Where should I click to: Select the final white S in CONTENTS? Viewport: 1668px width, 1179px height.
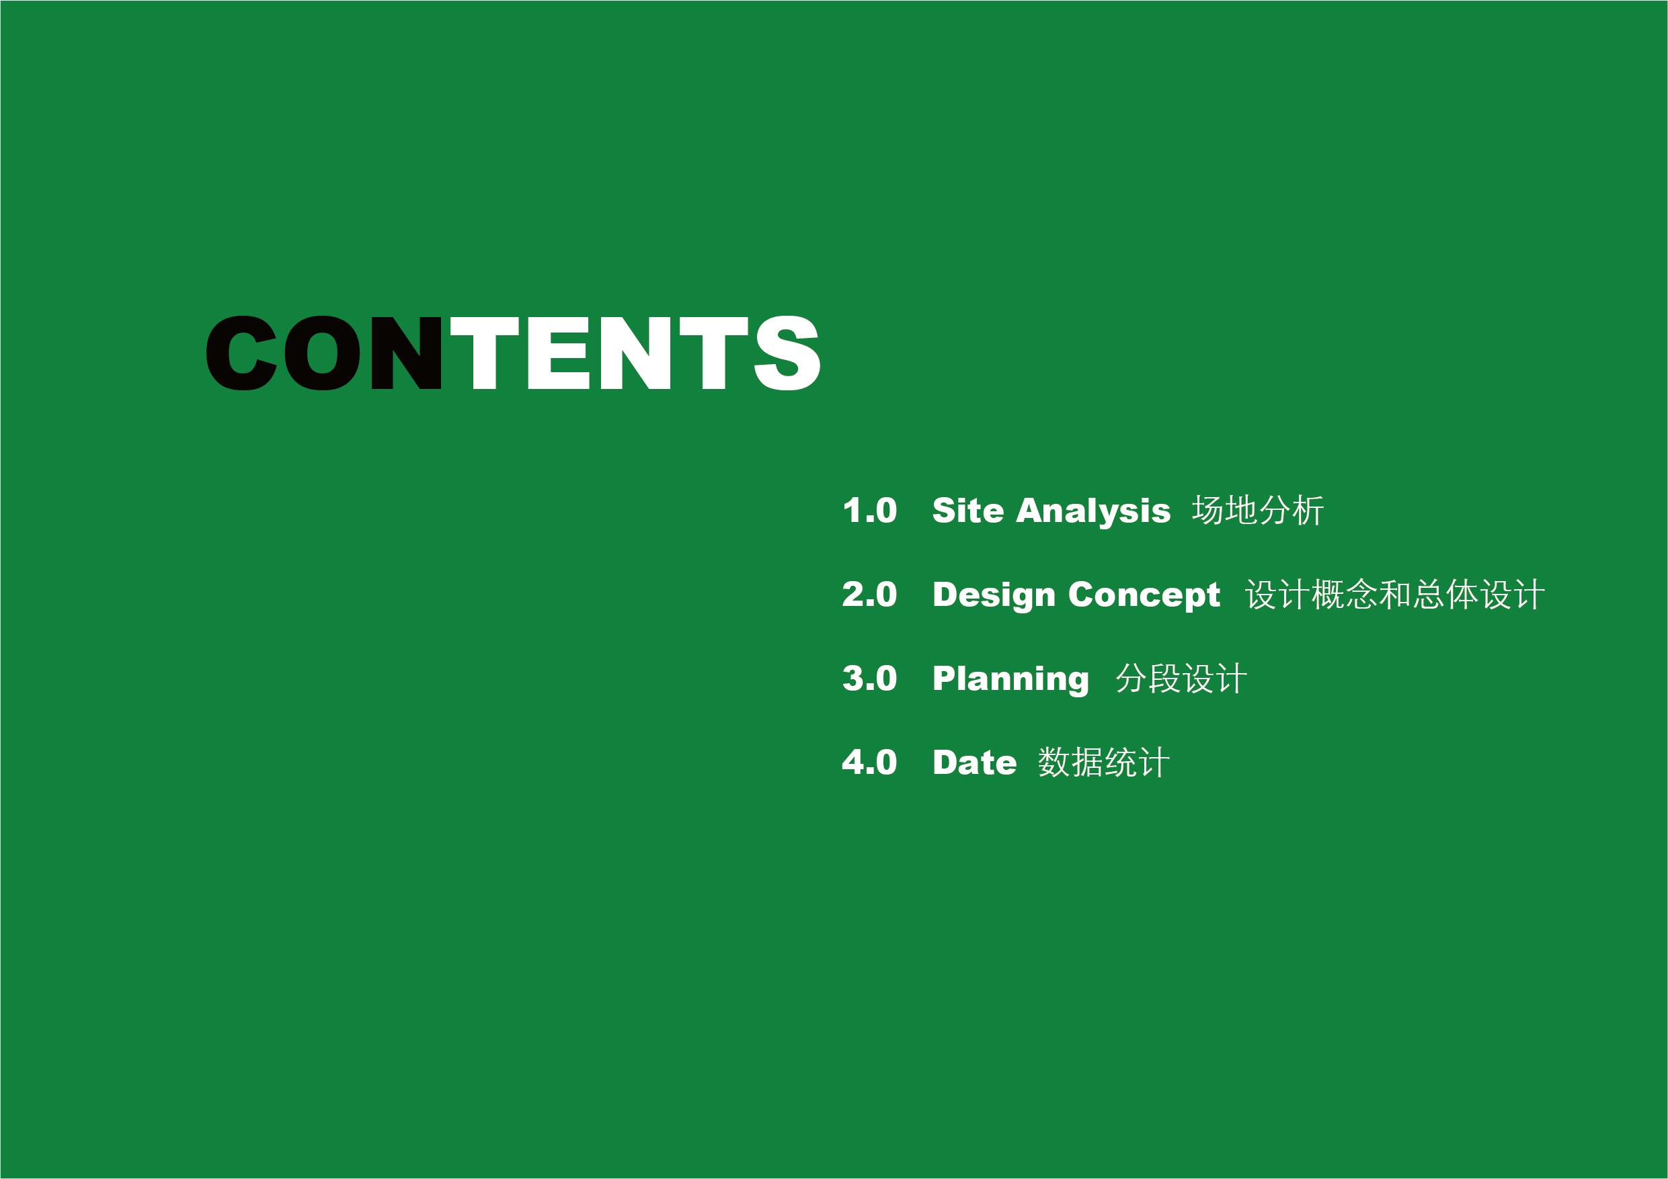(787, 353)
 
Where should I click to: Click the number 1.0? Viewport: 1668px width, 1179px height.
(869, 511)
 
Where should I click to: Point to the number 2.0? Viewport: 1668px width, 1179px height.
(869, 595)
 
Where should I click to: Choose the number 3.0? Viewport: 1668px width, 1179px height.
(869, 679)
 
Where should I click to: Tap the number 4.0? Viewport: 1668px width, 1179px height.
(869, 763)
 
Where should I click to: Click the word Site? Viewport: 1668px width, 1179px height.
(968, 511)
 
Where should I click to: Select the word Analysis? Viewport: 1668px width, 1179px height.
(1093, 512)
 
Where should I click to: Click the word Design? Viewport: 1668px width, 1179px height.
(994, 596)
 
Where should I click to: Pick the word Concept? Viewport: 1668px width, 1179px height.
(1144, 596)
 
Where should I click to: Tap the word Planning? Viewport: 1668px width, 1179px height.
(1011, 681)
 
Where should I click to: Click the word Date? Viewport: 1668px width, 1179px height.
(975, 763)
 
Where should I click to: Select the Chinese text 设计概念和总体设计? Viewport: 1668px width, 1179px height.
(1395, 595)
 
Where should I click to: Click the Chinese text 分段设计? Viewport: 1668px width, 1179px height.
(1181, 679)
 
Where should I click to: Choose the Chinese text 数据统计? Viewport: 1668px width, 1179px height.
(1103, 763)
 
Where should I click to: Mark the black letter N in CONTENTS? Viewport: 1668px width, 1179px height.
(406, 353)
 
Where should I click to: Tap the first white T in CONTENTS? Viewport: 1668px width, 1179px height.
(485, 353)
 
